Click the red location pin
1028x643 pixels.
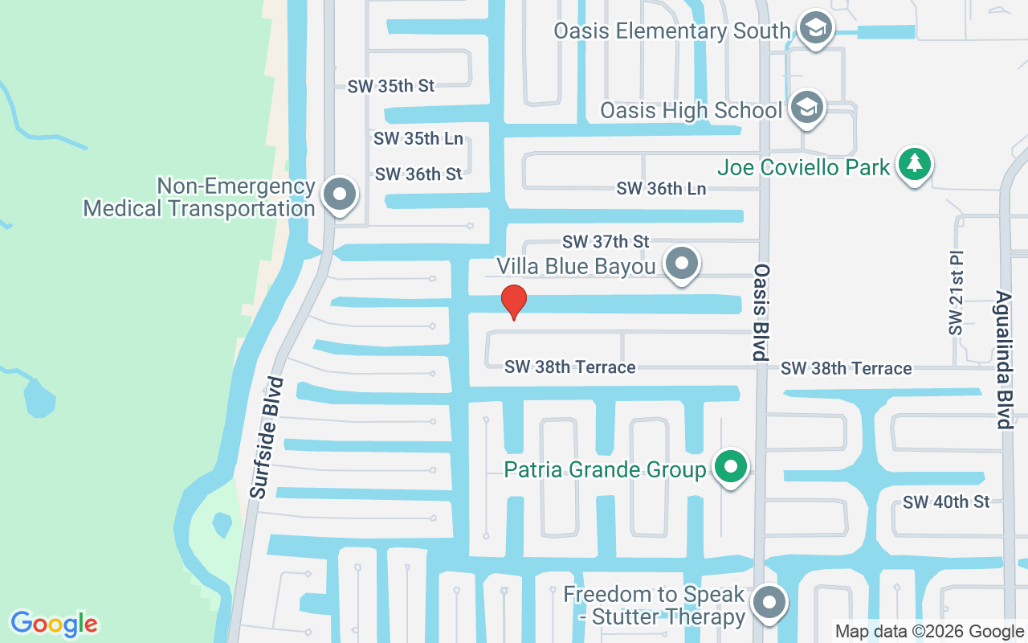513,301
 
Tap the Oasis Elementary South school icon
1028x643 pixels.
816,28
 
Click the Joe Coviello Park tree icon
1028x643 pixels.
914,164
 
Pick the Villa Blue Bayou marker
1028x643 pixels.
683,263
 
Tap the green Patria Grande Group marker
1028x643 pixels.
730,467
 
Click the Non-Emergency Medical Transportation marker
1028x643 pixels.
340,195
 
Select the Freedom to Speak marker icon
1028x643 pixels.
769,602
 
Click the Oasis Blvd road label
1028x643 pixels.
760,312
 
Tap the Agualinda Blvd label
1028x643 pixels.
1005,359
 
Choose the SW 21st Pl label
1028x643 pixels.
955,293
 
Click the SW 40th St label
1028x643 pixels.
946,502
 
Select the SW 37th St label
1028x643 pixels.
606,241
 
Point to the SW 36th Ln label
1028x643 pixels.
661,189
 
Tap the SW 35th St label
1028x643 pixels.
390,85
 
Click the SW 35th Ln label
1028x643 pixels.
418,138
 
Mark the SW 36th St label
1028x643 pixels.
418,174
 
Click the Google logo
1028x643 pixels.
55,623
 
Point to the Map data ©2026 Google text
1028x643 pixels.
929,632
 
